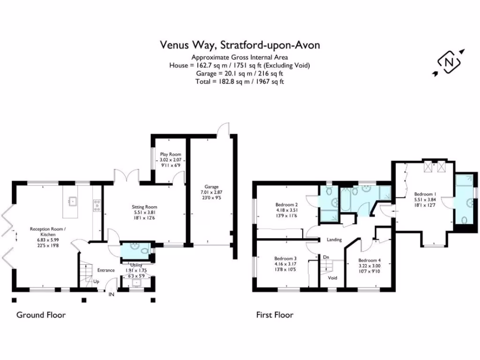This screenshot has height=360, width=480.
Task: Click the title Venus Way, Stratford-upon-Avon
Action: point(240,45)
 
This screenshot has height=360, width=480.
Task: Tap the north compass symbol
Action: point(449,61)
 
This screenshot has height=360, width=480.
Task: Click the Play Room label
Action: point(170,154)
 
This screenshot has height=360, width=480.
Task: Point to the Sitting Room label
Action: point(144,207)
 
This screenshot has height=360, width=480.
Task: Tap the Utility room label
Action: point(136,265)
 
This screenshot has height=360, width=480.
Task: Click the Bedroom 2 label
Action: point(287,205)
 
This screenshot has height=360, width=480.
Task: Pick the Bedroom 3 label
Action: point(285,258)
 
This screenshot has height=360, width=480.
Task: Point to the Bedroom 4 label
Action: point(370,260)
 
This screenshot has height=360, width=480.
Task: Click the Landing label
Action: point(334,240)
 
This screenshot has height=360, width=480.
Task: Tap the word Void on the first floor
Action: point(332,277)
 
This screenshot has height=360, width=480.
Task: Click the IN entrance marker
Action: point(112,294)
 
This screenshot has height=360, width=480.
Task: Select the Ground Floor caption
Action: point(41,315)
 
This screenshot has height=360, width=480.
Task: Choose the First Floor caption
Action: point(274,315)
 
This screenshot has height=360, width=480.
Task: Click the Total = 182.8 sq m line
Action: point(240,81)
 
